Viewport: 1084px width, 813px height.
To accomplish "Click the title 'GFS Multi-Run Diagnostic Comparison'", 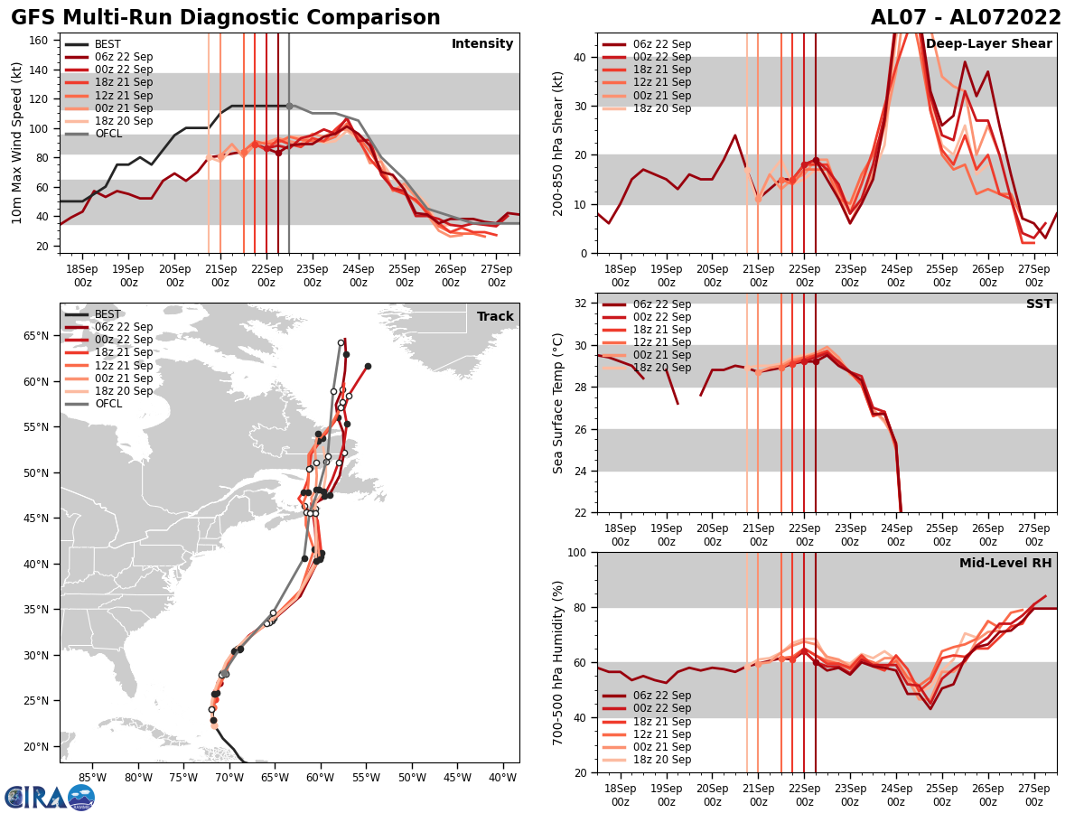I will (226, 18).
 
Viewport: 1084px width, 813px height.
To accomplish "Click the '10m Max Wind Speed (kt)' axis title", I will (16, 143).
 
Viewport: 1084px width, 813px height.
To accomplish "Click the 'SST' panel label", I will (1039, 304).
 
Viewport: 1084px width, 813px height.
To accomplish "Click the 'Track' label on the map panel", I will (495, 317).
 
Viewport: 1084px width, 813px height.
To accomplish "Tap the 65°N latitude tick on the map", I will (38, 336).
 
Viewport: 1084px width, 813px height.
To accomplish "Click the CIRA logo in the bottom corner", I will (49, 797).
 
